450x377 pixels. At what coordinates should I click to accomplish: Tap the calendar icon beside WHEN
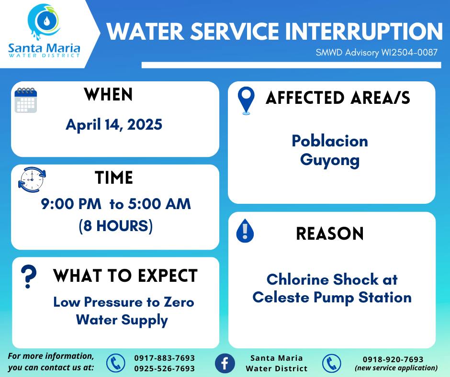click(26, 100)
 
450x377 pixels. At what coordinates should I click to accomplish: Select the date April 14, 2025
click(114, 125)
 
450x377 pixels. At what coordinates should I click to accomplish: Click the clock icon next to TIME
click(32, 179)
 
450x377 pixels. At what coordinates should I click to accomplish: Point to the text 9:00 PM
click(71, 204)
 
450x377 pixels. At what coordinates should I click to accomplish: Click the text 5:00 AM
click(159, 204)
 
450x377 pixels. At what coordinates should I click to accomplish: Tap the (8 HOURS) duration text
click(116, 226)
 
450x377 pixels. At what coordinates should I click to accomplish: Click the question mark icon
click(28, 277)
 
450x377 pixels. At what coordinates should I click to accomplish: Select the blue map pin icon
click(246, 100)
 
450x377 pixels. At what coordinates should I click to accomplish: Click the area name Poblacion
click(330, 141)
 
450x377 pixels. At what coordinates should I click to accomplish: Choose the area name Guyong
click(330, 160)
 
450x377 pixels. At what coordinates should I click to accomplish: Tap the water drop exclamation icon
click(245, 231)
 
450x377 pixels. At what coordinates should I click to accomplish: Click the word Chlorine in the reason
click(298, 279)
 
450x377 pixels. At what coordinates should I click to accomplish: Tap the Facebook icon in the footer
click(225, 363)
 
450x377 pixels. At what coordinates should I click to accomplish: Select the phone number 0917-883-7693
click(165, 358)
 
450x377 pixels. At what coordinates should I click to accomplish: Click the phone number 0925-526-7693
click(165, 368)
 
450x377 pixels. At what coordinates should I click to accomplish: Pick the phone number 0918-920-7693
click(393, 359)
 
